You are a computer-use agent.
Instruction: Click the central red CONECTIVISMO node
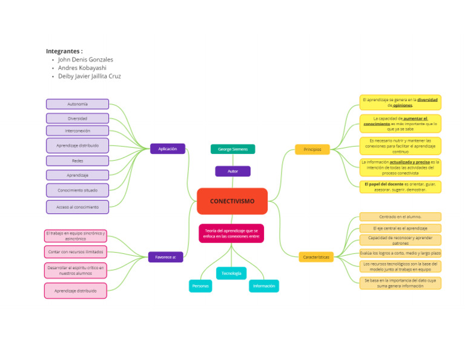point(232,201)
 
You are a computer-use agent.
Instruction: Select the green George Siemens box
point(232,149)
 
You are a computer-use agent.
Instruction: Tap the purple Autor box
point(232,172)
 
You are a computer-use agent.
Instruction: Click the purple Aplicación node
point(167,148)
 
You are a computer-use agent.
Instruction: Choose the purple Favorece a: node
point(165,257)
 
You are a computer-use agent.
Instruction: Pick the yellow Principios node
point(312,149)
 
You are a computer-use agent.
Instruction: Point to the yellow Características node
point(315,257)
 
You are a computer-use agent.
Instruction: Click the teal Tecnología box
point(231,273)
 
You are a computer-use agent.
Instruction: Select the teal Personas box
point(200,285)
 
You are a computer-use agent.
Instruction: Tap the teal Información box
point(264,285)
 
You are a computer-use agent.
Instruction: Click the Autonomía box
point(77,104)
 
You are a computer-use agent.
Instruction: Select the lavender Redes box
point(77,161)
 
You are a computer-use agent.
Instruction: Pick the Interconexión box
point(77,130)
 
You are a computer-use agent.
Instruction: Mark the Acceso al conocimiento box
point(77,207)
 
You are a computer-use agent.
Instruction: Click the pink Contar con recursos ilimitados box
point(76,252)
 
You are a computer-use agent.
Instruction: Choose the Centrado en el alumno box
point(400,216)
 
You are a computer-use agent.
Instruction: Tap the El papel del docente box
point(400,187)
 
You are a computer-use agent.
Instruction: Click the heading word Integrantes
point(64,52)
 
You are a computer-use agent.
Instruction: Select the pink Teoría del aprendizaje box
point(231,233)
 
